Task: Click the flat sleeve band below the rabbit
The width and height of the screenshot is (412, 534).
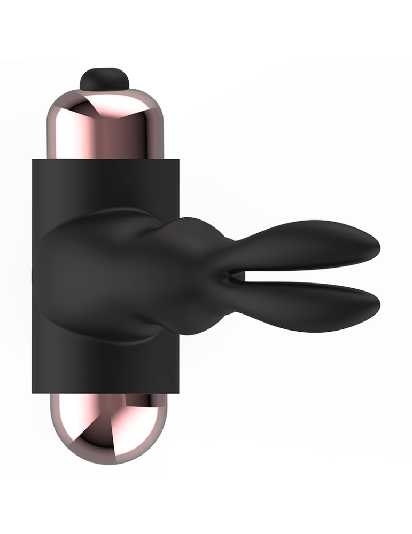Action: (x=107, y=368)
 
